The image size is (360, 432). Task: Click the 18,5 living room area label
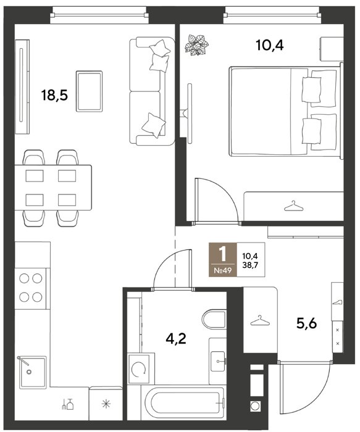point(54,96)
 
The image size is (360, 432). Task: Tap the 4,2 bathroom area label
point(176,339)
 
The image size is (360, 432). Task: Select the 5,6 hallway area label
point(306,323)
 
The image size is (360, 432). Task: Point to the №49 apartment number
point(222,270)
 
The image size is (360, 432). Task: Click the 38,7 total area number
point(250,266)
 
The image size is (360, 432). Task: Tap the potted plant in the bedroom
point(196,45)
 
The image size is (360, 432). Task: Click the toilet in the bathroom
point(214,320)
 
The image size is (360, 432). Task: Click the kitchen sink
point(33,372)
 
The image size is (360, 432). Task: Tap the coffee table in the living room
point(89,91)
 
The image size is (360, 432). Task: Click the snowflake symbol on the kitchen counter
point(106,404)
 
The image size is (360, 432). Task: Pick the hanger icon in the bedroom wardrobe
point(293,206)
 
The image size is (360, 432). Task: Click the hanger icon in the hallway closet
point(260,320)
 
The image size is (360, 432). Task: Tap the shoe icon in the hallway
point(337,302)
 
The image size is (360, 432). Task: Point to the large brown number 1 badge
point(222,260)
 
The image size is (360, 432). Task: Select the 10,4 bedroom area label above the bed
point(270,45)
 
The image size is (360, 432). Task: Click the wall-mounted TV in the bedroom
point(190,113)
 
